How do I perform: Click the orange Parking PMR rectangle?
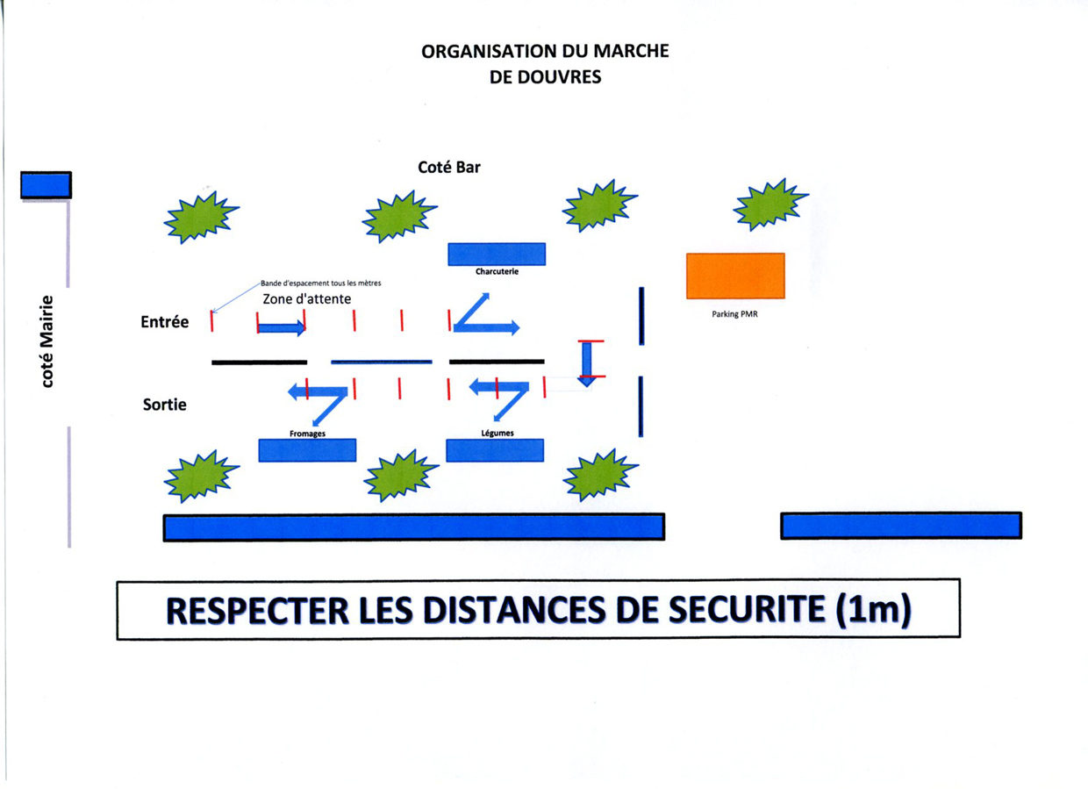pos(735,276)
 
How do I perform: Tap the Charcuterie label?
pos(497,271)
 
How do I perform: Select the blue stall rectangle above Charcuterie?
pos(497,255)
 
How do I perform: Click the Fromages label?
pos(307,434)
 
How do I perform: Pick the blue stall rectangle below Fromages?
pos(307,450)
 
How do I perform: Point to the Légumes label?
pos(497,433)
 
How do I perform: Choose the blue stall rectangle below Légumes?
pos(495,450)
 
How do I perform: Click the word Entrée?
pos(165,321)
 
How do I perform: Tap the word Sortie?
pos(165,405)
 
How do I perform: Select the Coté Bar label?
pos(449,167)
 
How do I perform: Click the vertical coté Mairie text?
pos(47,341)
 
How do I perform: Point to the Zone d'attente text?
pos(306,298)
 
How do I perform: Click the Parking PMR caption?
pos(735,314)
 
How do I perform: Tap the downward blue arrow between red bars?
pos(587,363)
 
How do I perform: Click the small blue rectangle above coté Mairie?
pos(47,185)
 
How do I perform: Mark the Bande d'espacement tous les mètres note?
pos(320,283)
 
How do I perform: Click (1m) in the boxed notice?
pos(873,610)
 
